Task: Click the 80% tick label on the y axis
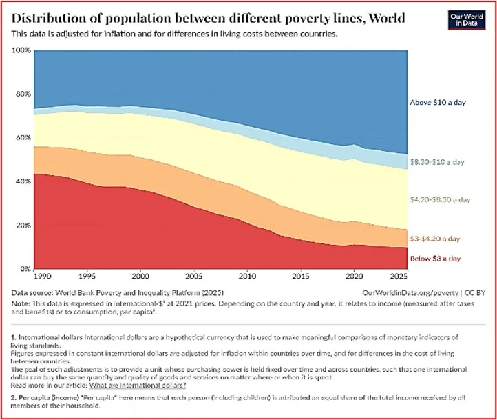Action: [x=22, y=94]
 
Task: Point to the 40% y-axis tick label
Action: [x=22, y=181]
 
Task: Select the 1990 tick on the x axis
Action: [x=41, y=277]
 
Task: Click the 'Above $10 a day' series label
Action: [x=438, y=101]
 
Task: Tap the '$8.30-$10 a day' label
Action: [x=438, y=162]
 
